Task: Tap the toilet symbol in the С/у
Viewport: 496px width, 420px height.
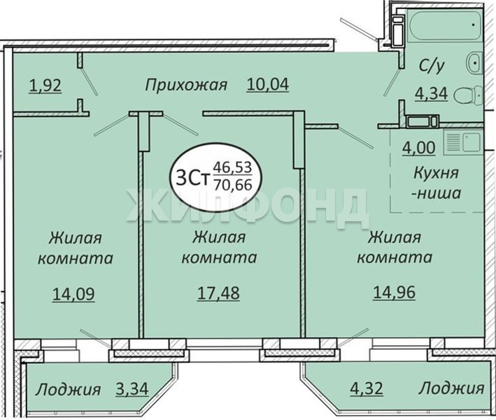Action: (x=468, y=94)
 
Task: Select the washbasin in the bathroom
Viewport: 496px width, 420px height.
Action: (x=474, y=63)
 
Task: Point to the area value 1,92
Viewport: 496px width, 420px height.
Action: (x=45, y=85)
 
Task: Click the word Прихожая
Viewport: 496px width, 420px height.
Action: (x=186, y=85)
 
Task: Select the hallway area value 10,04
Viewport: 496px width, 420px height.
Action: (x=268, y=85)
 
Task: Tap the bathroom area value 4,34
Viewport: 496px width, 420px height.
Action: (x=432, y=93)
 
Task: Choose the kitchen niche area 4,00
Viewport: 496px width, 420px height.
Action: (x=419, y=148)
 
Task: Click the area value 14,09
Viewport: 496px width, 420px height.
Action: (x=73, y=294)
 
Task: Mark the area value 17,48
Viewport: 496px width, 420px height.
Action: (x=218, y=293)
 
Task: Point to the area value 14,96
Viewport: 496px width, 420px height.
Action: (x=394, y=292)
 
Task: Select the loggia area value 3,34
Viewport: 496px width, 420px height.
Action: (x=132, y=388)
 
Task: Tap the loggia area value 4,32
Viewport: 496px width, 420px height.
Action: (x=367, y=388)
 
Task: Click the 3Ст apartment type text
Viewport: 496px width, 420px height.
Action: (x=193, y=179)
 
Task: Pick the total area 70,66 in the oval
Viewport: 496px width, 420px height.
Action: (x=233, y=185)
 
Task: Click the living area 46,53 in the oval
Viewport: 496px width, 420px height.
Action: (x=232, y=167)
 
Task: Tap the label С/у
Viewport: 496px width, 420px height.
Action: (x=432, y=66)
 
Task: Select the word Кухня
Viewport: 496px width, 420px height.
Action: (x=437, y=174)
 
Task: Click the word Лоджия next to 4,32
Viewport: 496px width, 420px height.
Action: (x=451, y=388)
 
